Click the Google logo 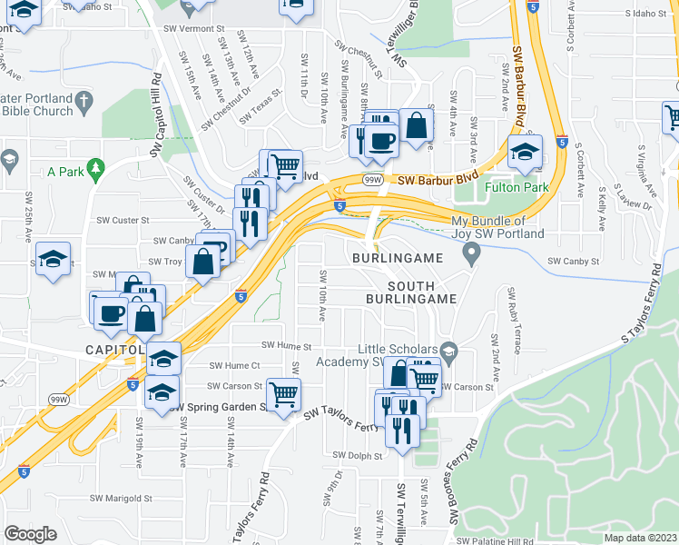(x=30, y=534)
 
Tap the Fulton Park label (x=513, y=189)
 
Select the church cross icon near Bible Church (x=84, y=100)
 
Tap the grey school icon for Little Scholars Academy (x=448, y=351)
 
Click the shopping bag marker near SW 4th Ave (x=417, y=128)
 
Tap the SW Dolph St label (x=354, y=455)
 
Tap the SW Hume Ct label (x=234, y=365)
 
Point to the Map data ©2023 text (x=641, y=538)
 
